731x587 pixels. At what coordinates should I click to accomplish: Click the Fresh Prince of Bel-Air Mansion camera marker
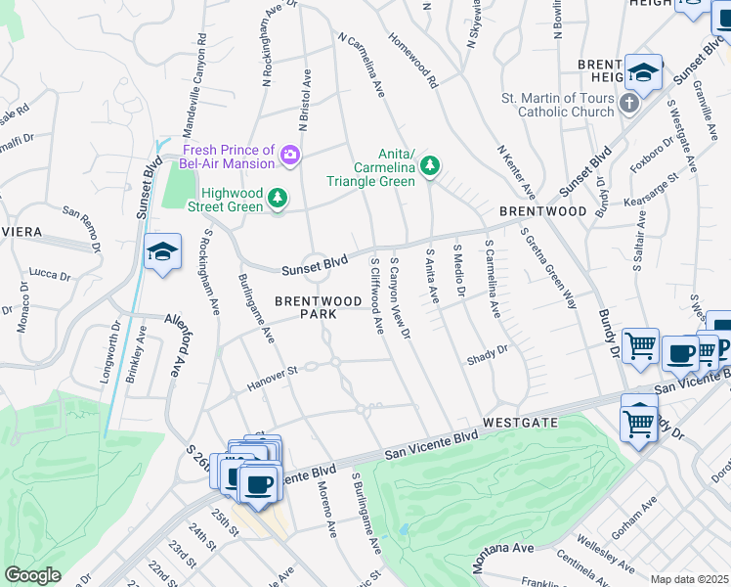click(289, 155)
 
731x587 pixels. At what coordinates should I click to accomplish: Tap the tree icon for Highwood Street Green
click(279, 200)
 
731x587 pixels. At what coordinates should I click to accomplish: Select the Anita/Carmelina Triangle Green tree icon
click(430, 168)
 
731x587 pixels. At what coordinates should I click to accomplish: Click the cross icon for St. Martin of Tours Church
click(630, 103)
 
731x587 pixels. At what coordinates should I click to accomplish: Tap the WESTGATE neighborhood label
click(520, 422)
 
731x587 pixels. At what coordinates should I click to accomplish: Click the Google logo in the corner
click(32, 575)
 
